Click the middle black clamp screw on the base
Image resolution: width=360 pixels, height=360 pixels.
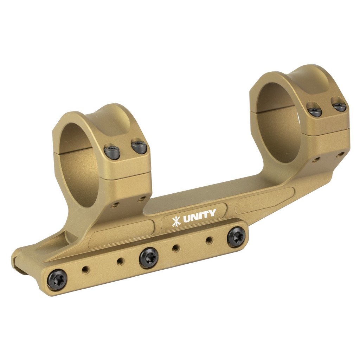[148, 257]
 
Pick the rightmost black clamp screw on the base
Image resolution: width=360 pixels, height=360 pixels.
[235, 237]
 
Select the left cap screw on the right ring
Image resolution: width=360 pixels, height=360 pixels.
[315, 111]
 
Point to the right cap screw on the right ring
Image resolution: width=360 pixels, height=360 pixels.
[340, 107]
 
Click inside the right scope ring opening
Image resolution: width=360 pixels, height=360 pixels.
[278, 123]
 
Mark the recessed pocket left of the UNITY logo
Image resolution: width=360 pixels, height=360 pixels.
[121, 234]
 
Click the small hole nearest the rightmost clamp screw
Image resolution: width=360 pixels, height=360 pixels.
[209, 240]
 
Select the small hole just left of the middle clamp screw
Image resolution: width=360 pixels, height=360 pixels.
[120, 262]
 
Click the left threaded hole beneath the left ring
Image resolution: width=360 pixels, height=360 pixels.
[114, 205]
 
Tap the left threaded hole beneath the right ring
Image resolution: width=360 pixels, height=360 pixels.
[316, 160]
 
